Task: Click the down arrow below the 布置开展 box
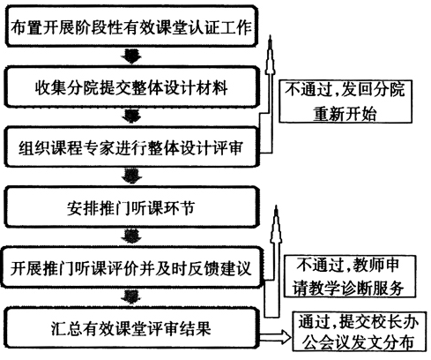click(x=131, y=56)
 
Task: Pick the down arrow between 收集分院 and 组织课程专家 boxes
click(x=131, y=116)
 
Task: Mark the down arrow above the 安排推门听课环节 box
click(x=131, y=176)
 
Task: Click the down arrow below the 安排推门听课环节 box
click(x=131, y=236)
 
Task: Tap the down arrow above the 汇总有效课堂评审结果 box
click(x=131, y=296)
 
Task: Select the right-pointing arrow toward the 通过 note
click(x=275, y=337)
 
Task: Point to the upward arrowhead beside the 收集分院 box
click(x=271, y=56)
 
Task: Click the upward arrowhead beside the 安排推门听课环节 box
click(x=276, y=224)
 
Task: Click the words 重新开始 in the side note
click(x=345, y=114)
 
